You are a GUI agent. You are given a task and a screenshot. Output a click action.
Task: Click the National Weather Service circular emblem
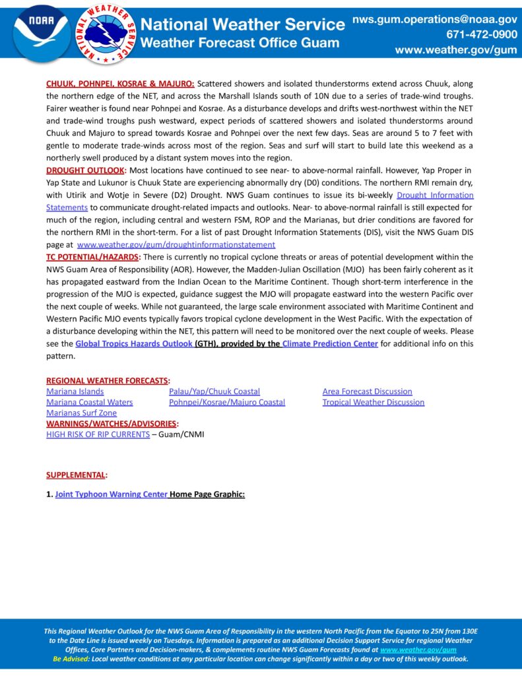click(106, 32)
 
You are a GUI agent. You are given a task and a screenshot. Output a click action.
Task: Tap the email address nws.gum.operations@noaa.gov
click(434, 20)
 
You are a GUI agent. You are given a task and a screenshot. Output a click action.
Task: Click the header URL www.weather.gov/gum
click(456, 50)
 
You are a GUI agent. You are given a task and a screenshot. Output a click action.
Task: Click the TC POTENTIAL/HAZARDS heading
click(92, 256)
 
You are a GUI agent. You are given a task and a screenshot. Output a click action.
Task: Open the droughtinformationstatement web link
click(176, 244)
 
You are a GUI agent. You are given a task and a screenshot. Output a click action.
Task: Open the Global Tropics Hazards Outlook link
click(133, 344)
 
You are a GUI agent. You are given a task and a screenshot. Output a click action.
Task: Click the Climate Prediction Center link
click(330, 344)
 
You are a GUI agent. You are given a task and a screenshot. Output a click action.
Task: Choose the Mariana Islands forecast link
click(75, 391)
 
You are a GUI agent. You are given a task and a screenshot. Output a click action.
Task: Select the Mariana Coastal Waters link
click(89, 402)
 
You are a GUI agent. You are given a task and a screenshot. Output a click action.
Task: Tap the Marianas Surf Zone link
click(81, 413)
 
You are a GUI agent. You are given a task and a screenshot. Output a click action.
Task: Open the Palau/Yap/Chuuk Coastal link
click(214, 391)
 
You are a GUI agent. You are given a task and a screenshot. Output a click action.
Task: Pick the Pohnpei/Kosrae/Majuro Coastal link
click(227, 402)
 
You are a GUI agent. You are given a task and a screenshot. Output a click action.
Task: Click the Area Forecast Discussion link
click(367, 391)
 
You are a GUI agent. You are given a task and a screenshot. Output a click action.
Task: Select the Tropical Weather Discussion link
click(373, 402)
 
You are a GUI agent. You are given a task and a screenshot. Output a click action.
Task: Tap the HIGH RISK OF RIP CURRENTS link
click(98, 434)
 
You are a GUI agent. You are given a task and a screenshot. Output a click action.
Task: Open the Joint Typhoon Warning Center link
click(111, 494)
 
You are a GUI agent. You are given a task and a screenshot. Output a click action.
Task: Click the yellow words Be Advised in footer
click(70, 659)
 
